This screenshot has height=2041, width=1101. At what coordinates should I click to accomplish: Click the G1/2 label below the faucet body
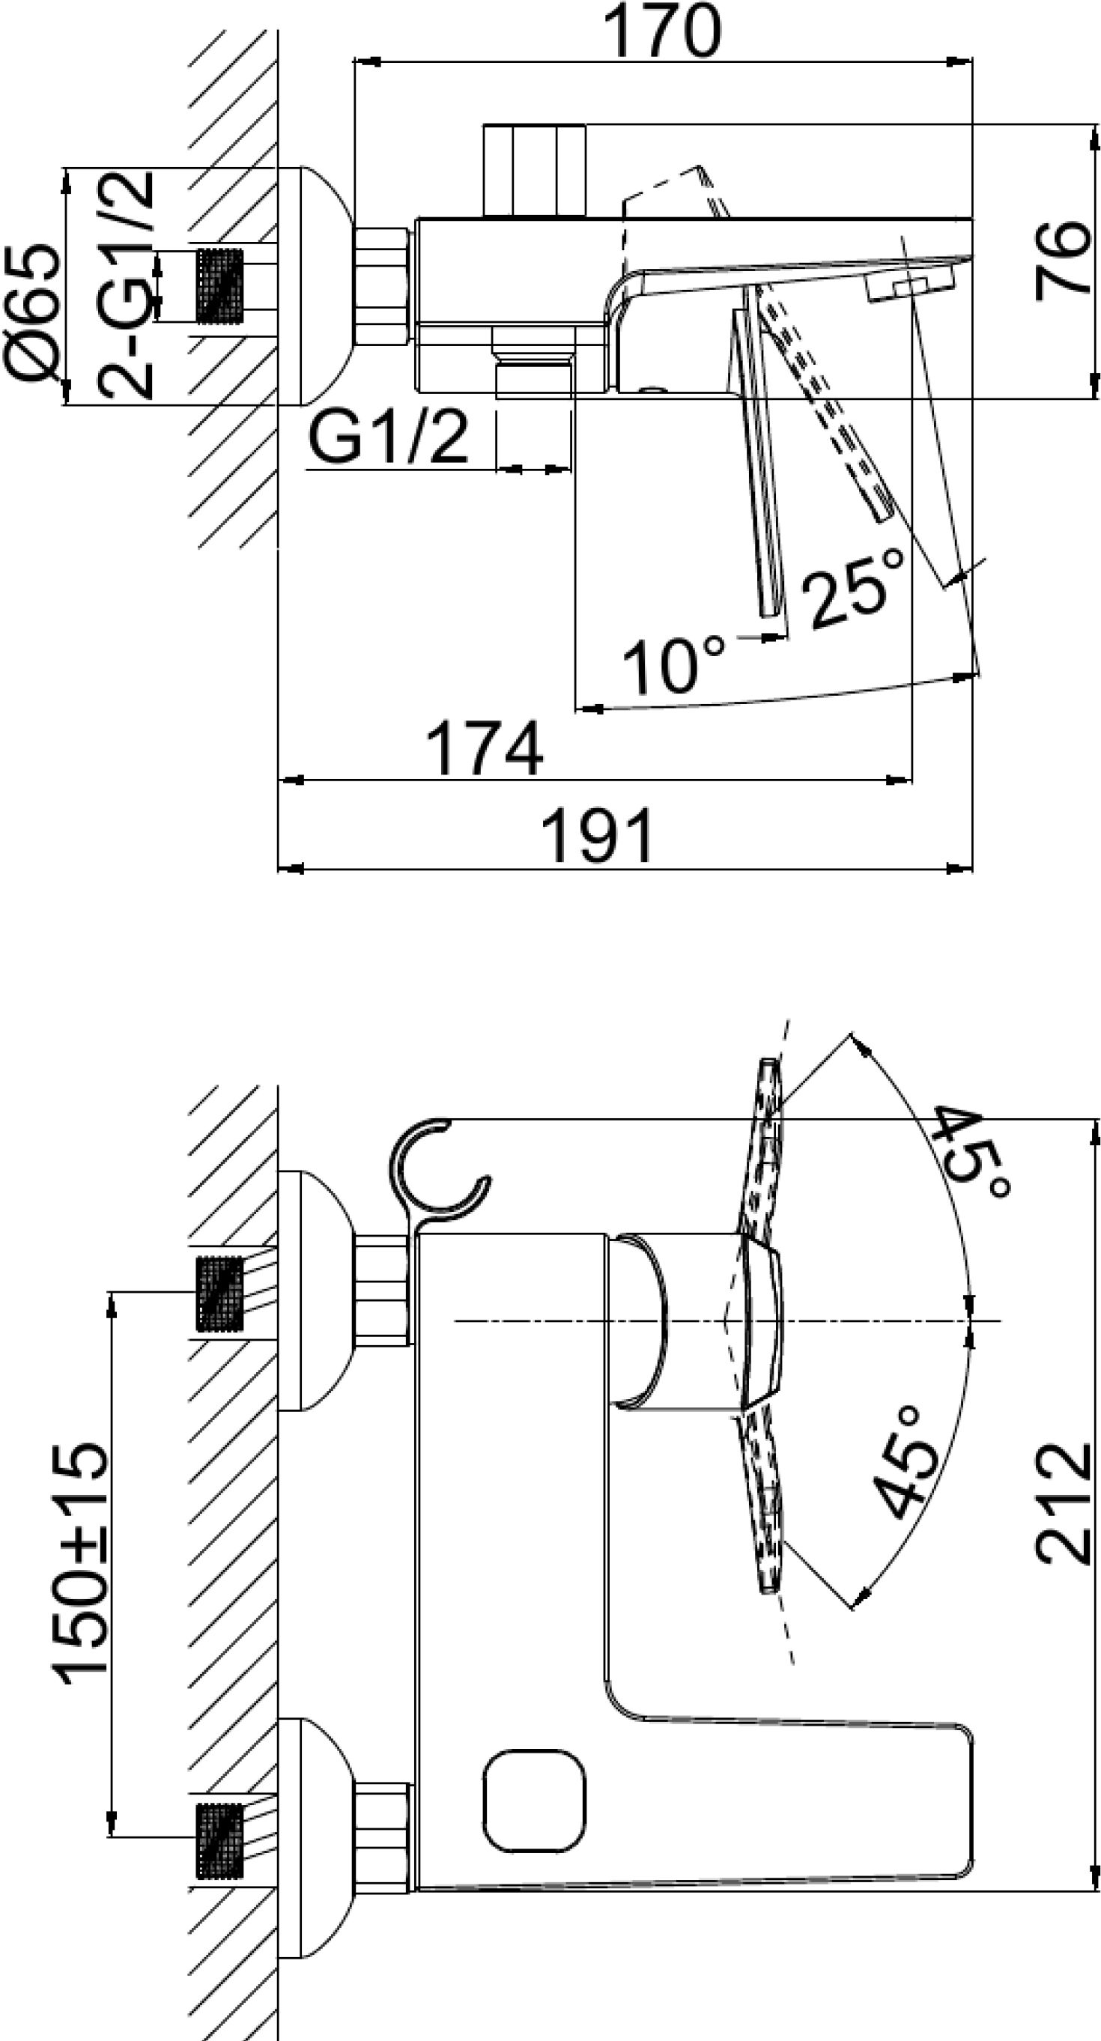(x=388, y=437)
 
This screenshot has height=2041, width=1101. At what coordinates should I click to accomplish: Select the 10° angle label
(x=674, y=665)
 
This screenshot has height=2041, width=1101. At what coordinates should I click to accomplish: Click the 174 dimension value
(x=485, y=748)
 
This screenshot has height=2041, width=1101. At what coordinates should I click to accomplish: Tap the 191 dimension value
(x=598, y=836)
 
